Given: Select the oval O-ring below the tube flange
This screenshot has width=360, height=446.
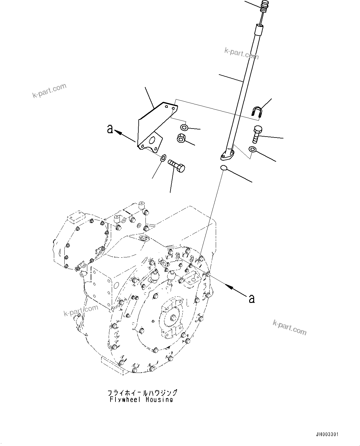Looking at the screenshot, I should [x=224, y=168].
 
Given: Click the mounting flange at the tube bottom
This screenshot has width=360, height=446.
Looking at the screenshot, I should [x=228, y=155].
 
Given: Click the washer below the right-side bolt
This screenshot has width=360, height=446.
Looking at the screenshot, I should [x=253, y=150].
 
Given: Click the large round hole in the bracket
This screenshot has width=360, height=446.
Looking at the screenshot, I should [x=152, y=140].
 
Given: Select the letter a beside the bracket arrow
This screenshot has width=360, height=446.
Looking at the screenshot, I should [x=110, y=129].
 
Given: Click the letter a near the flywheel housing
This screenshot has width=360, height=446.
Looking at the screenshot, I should [x=252, y=298].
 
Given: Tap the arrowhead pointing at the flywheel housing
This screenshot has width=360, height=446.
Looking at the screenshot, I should [x=229, y=286].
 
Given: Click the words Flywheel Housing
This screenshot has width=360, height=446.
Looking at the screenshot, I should [x=141, y=400].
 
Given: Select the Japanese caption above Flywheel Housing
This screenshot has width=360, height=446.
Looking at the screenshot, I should [x=142, y=393].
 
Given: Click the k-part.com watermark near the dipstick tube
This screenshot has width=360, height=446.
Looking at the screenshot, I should [x=241, y=53].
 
